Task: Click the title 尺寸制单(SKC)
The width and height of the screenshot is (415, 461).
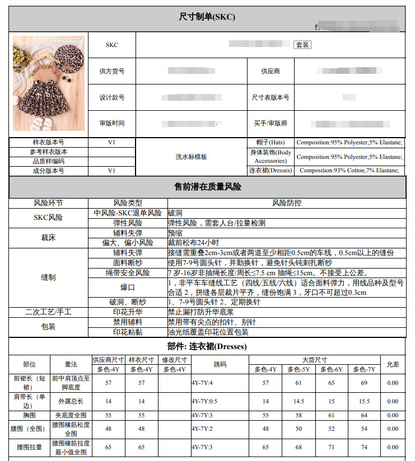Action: click(207, 17)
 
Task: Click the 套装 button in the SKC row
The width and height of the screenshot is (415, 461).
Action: click(302, 45)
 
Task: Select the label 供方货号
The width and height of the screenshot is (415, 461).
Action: click(112, 72)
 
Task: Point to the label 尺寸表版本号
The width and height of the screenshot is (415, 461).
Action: click(271, 97)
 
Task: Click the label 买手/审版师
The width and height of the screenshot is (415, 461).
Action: click(271, 124)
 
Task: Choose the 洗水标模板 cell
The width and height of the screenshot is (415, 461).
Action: click(192, 157)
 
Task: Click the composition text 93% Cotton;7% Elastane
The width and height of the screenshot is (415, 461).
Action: click(349, 171)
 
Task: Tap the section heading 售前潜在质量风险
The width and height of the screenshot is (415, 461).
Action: click(207, 187)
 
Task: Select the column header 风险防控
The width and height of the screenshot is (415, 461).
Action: click(286, 203)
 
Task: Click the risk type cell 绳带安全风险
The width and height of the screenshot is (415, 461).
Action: click(128, 273)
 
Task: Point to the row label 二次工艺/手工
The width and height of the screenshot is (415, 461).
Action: click(49, 312)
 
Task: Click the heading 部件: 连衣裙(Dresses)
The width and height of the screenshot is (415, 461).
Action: click(207, 346)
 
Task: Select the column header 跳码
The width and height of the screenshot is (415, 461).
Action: click(220, 364)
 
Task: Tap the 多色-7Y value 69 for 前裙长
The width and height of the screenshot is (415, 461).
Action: click(365, 383)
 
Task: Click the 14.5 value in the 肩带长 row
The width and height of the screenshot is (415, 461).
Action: click(299, 402)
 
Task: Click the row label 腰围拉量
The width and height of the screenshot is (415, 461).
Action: click(29, 448)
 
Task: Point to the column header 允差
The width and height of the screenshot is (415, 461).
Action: click(393, 364)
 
